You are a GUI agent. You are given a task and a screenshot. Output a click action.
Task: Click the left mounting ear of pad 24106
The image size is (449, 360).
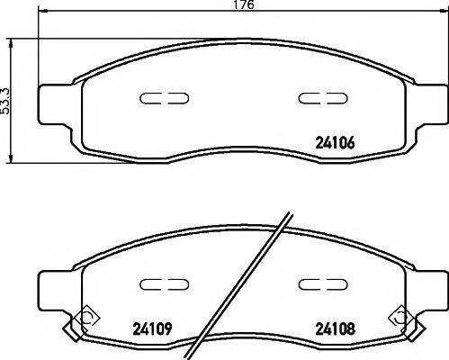[57, 99]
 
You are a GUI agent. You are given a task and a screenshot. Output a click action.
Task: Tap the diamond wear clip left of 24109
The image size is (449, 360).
[85, 318]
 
